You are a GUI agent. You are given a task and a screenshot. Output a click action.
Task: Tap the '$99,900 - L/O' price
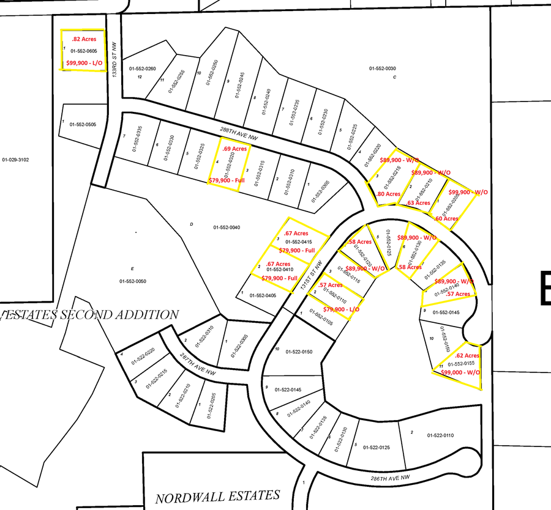(x=84, y=62)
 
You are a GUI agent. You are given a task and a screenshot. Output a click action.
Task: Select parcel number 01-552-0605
(x=84, y=51)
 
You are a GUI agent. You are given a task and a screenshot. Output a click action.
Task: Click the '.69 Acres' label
(x=235, y=149)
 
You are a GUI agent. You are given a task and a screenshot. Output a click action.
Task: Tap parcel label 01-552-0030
(x=383, y=68)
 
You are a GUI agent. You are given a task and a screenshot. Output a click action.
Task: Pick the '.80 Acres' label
(x=389, y=194)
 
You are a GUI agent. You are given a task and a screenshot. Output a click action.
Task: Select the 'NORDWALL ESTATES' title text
(x=217, y=496)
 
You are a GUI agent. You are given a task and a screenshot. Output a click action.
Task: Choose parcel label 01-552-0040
(x=227, y=227)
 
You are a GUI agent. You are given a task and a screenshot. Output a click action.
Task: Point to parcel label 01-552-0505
(x=83, y=125)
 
